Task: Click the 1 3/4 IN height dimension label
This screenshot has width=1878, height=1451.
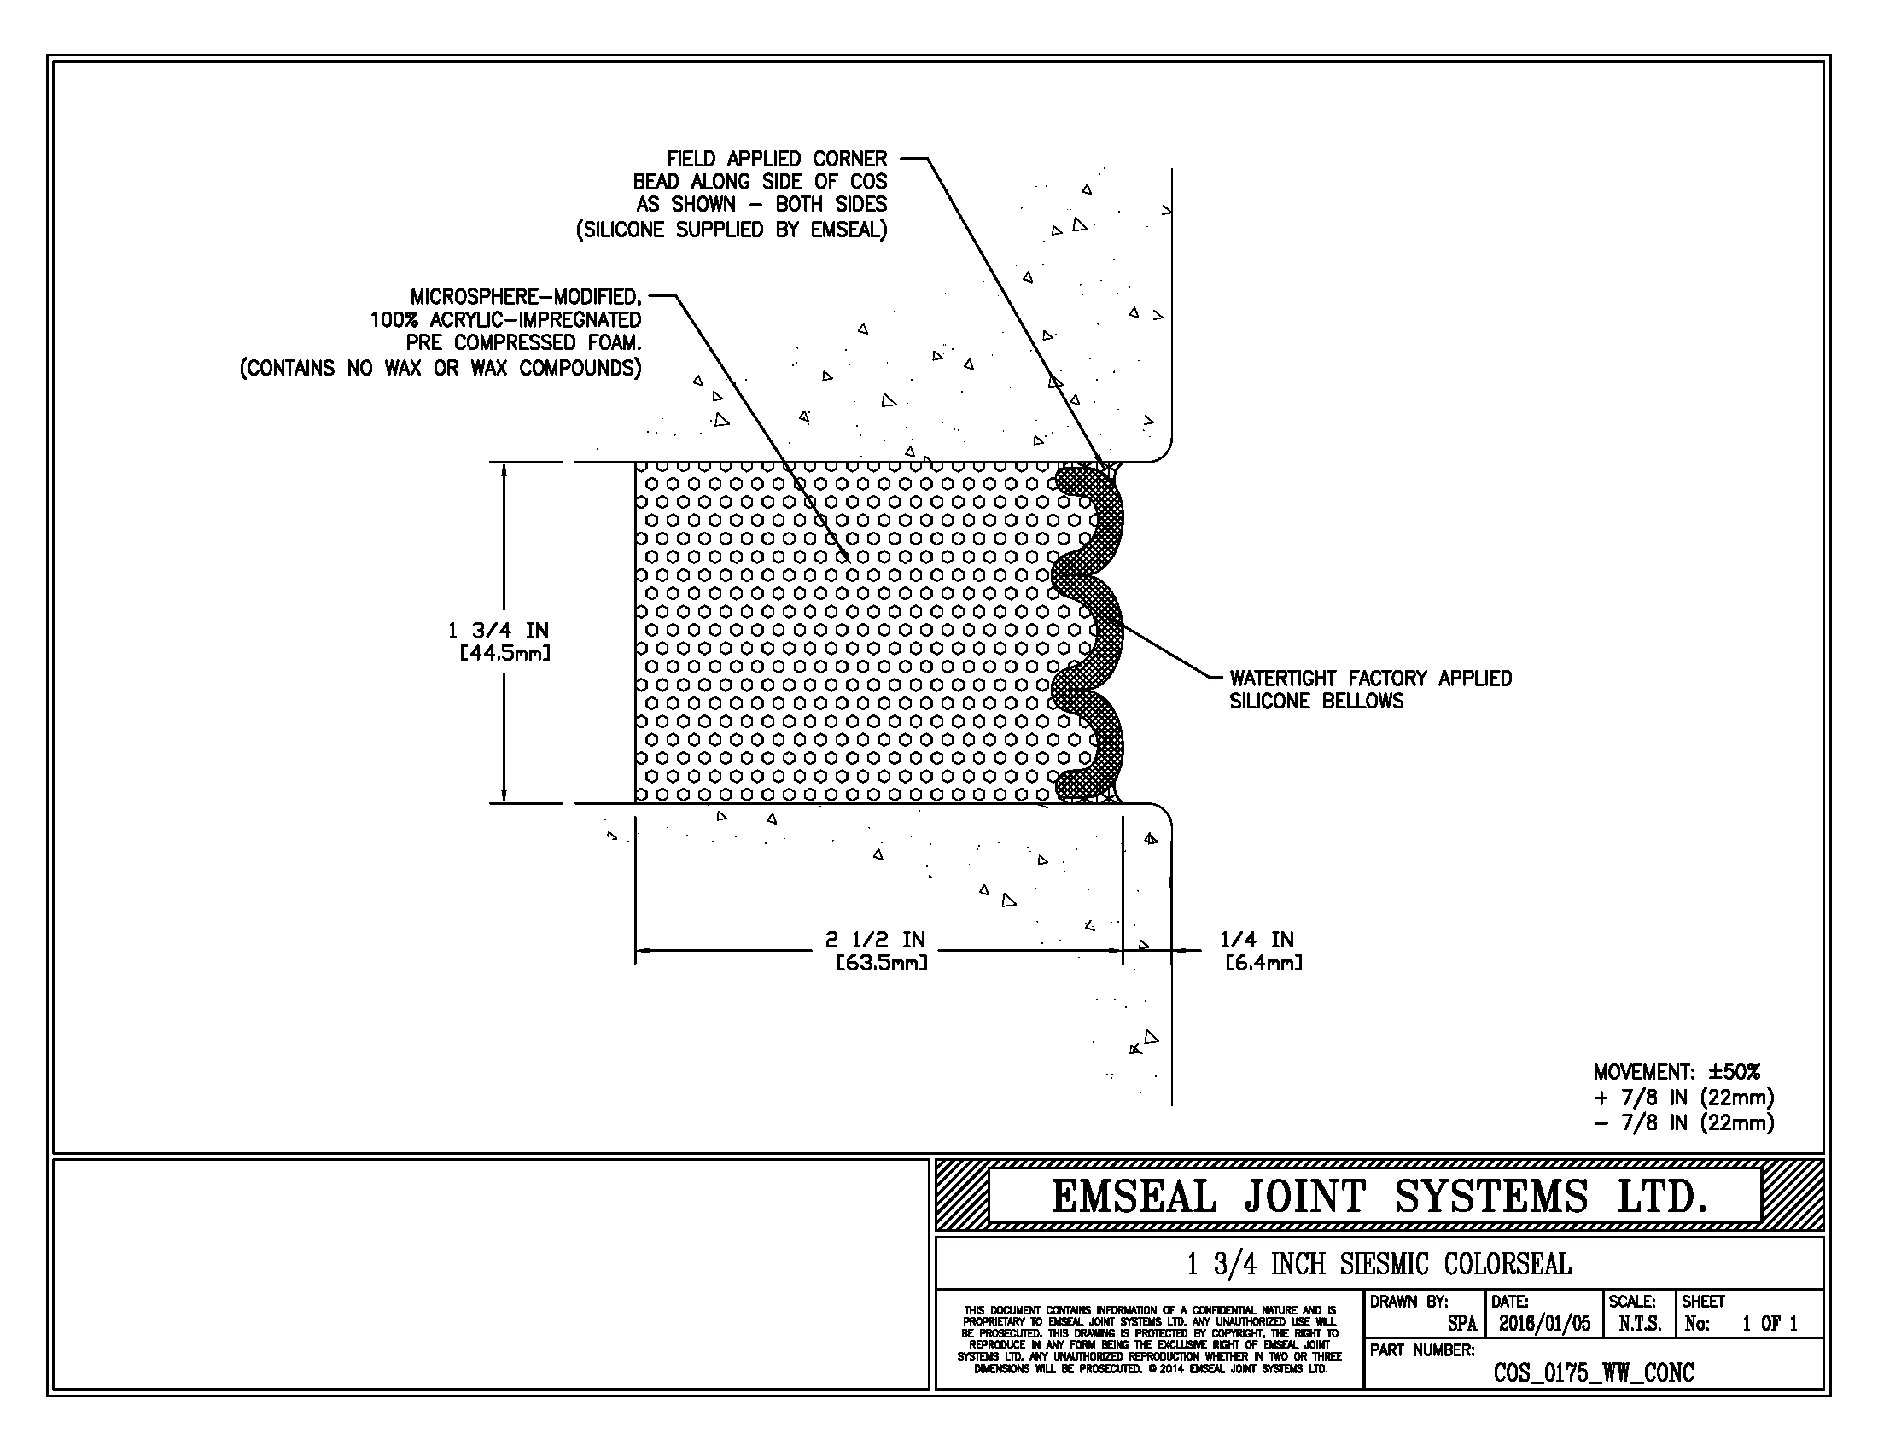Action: pyautogui.click(x=498, y=631)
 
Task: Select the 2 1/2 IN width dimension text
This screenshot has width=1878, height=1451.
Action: pyautogui.click(x=875, y=940)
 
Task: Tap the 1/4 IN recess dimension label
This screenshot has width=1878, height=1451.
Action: pyautogui.click(x=1257, y=940)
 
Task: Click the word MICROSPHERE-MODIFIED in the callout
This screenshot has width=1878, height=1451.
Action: pyautogui.click(x=525, y=297)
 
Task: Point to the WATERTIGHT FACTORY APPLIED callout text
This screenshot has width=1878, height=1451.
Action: pyautogui.click(x=1370, y=679)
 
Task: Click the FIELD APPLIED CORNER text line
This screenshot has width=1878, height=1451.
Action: pyautogui.click(x=777, y=159)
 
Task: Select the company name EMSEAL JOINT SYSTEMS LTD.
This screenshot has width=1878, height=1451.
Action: pyautogui.click(x=1379, y=1197)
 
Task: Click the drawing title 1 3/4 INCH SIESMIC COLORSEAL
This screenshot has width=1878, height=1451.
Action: pyautogui.click(x=1379, y=1264)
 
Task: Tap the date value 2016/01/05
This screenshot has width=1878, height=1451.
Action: pyautogui.click(x=1544, y=1324)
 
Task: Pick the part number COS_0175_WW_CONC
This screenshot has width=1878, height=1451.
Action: pyautogui.click(x=1594, y=1372)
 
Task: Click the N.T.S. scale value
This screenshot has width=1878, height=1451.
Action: pyautogui.click(x=1640, y=1324)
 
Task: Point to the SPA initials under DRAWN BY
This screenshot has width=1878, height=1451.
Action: pyautogui.click(x=1461, y=1324)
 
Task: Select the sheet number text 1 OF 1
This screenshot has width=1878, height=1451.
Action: pyautogui.click(x=1770, y=1324)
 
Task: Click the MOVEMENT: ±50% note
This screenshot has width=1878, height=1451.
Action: pyautogui.click(x=1677, y=1072)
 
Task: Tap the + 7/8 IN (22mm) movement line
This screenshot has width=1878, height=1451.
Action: pyautogui.click(x=1683, y=1098)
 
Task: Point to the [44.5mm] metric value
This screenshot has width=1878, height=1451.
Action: pyautogui.click(x=504, y=653)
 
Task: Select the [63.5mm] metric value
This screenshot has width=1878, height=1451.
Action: pyautogui.click(x=883, y=963)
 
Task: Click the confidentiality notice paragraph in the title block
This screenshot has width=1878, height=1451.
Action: pyautogui.click(x=1150, y=1339)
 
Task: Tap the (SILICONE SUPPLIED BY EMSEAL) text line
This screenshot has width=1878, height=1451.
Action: pyautogui.click(x=731, y=230)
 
